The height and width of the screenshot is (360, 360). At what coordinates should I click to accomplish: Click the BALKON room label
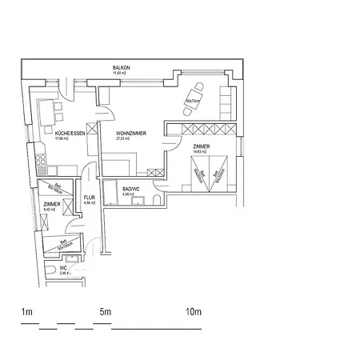tap(122, 68)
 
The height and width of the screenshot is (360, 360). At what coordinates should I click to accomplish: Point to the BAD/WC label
tap(132, 188)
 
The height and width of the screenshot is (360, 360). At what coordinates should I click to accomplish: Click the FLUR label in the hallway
tap(90, 197)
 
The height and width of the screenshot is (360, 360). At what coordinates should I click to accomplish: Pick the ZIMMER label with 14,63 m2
tap(202, 147)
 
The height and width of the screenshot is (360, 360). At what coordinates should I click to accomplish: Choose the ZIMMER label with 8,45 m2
tap(51, 205)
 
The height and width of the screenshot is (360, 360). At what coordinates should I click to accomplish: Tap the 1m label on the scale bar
tap(26, 310)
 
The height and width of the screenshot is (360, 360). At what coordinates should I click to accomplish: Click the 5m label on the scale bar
tap(105, 310)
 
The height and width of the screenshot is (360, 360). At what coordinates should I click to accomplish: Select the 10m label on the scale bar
tap(193, 310)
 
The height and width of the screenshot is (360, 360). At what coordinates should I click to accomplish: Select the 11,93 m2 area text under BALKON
tap(122, 74)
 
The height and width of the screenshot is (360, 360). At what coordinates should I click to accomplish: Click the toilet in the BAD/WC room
tap(156, 198)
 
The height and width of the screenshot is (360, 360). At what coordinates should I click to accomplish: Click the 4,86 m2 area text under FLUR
tap(90, 203)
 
